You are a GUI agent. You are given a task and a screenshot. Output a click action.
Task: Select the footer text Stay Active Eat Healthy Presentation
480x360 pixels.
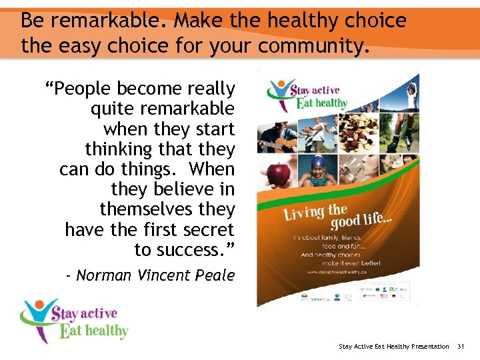(393, 346)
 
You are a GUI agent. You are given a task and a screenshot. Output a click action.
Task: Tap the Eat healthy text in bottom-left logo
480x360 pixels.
(93, 331)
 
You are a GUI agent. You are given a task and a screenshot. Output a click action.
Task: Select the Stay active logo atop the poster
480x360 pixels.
(307, 95)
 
